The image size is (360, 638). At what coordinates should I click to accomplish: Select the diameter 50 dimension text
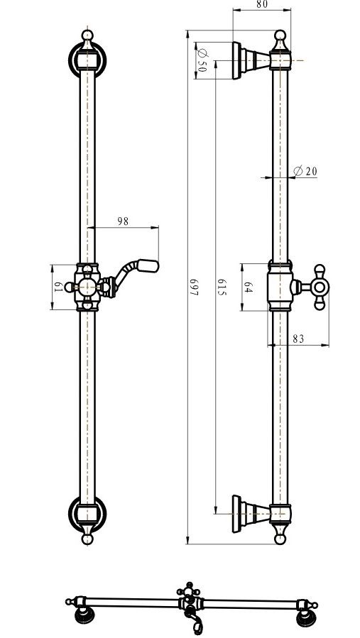[x=202, y=60]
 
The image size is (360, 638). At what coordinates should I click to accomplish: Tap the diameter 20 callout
[x=305, y=171]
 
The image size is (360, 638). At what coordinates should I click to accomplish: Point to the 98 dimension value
[x=123, y=221]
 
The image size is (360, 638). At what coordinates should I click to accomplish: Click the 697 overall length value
[x=194, y=287]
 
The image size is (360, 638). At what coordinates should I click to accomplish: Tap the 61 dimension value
[x=58, y=287]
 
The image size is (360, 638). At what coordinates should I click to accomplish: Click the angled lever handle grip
[x=148, y=265]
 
